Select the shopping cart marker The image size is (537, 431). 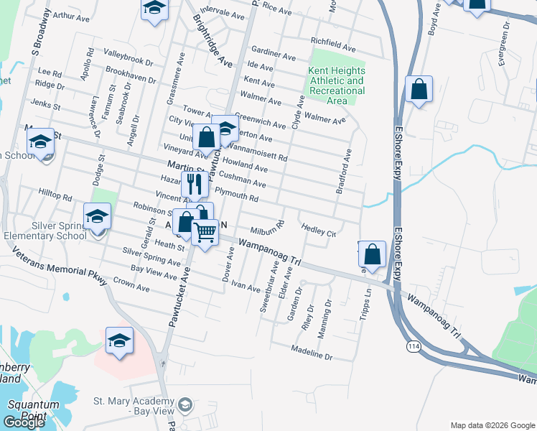pyautogui.click(x=205, y=233)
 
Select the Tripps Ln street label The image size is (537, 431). pyautogui.click(x=369, y=305)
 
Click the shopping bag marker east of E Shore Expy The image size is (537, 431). pyautogui.click(x=419, y=91)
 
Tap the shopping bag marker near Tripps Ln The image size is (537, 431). pyautogui.click(x=372, y=254)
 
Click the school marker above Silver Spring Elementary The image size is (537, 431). pyautogui.click(x=98, y=215)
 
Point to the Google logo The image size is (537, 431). pyautogui.click(x=24, y=422)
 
